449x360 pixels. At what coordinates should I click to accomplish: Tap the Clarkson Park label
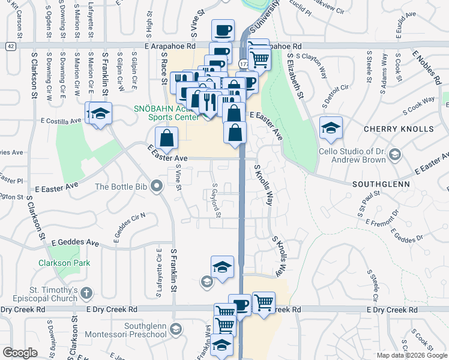tap(64, 263)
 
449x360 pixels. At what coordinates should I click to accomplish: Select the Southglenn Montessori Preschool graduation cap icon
tap(176, 328)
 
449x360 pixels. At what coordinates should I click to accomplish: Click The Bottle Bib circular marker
tap(157, 186)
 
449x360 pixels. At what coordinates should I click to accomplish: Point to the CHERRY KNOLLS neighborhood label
tap(399, 129)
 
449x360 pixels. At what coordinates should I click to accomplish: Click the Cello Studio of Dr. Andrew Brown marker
tap(394, 155)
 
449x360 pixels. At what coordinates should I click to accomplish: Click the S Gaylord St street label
tap(217, 200)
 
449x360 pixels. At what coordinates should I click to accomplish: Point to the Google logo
tap(20, 353)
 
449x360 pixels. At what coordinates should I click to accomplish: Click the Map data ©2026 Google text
tap(411, 355)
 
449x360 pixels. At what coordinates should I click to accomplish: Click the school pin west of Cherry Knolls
tap(330, 128)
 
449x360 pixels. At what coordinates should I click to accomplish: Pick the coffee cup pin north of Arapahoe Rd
tap(223, 30)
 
